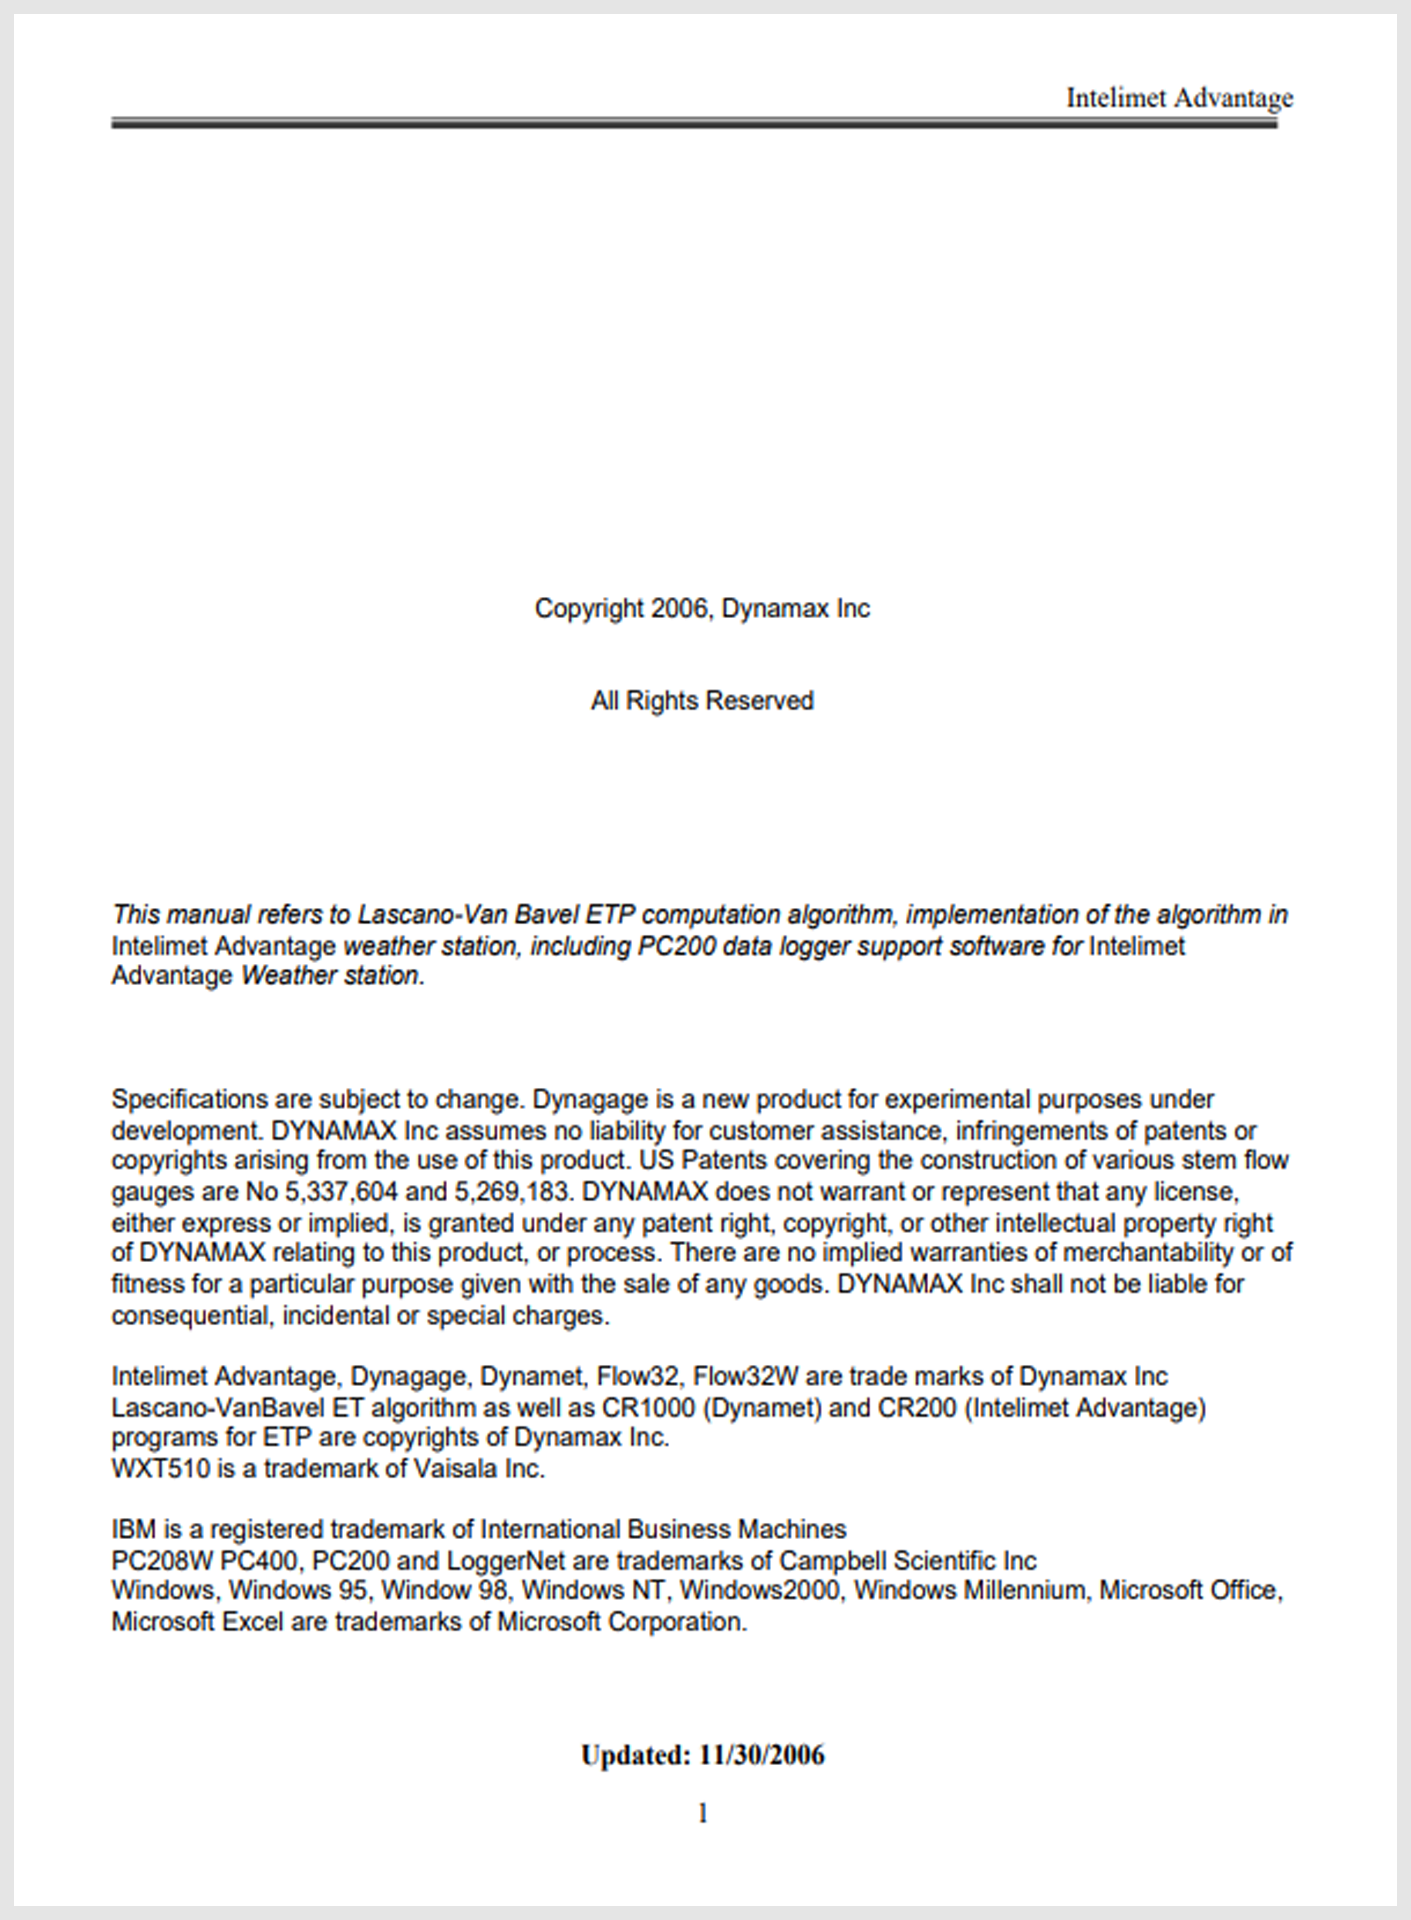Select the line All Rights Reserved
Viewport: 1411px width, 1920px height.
point(702,701)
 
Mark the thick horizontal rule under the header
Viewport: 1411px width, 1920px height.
point(694,124)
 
